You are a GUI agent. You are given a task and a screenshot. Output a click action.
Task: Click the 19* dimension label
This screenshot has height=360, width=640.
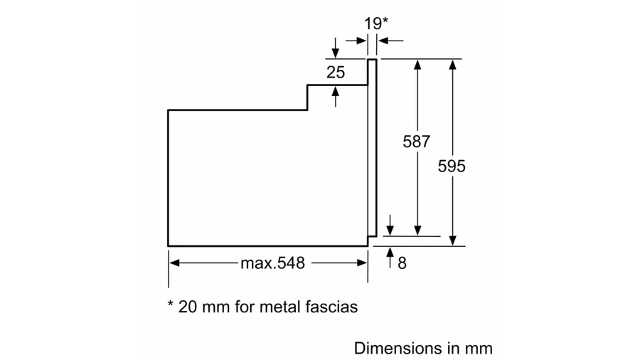[x=376, y=23]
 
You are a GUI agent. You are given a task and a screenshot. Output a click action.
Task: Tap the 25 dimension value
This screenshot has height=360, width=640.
[x=336, y=73]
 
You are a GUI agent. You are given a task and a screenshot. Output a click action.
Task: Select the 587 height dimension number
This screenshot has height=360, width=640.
[x=416, y=142]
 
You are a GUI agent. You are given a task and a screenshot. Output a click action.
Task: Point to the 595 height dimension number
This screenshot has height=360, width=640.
[x=452, y=166]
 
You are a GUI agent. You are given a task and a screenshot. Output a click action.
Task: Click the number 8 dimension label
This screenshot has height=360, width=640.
[x=402, y=263]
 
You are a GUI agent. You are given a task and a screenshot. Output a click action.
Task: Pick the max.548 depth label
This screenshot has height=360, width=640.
[x=272, y=263]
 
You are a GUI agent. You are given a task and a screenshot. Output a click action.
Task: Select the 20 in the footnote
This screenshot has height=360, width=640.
[x=187, y=307]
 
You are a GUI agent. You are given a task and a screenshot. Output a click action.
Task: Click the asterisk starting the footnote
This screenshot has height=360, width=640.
[x=171, y=304]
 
